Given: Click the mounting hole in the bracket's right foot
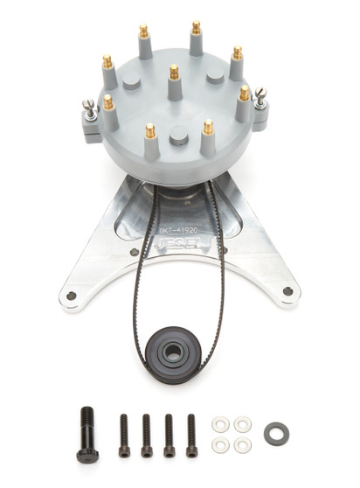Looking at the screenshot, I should click(287, 291).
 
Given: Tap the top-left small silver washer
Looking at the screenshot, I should click(222, 424).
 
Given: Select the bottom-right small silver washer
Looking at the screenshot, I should click(243, 444).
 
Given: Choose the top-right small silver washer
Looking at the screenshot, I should click(243, 424).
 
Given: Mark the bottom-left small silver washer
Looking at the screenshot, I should click(222, 444).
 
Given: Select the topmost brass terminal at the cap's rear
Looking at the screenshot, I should click(197, 29).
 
